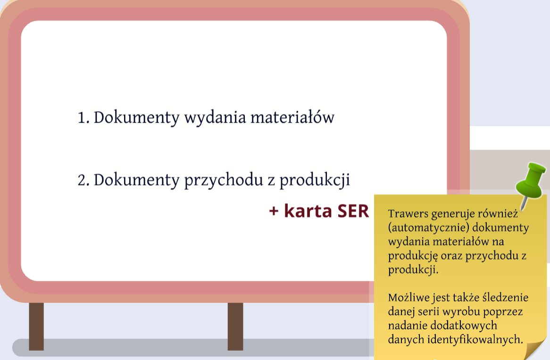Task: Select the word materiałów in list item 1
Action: click(x=292, y=117)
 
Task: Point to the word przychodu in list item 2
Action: click(x=224, y=181)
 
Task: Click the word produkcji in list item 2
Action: click(x=315, y=181)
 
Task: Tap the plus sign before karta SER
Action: click(x=274, y=211)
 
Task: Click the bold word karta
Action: click(x=308, y=210)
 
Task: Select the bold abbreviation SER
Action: click(x=353, y=211)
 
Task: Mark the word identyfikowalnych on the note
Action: click(x=470, y=340)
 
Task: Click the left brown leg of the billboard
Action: click(x=36, y=327)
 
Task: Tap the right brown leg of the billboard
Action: click(x=235, y=327)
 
